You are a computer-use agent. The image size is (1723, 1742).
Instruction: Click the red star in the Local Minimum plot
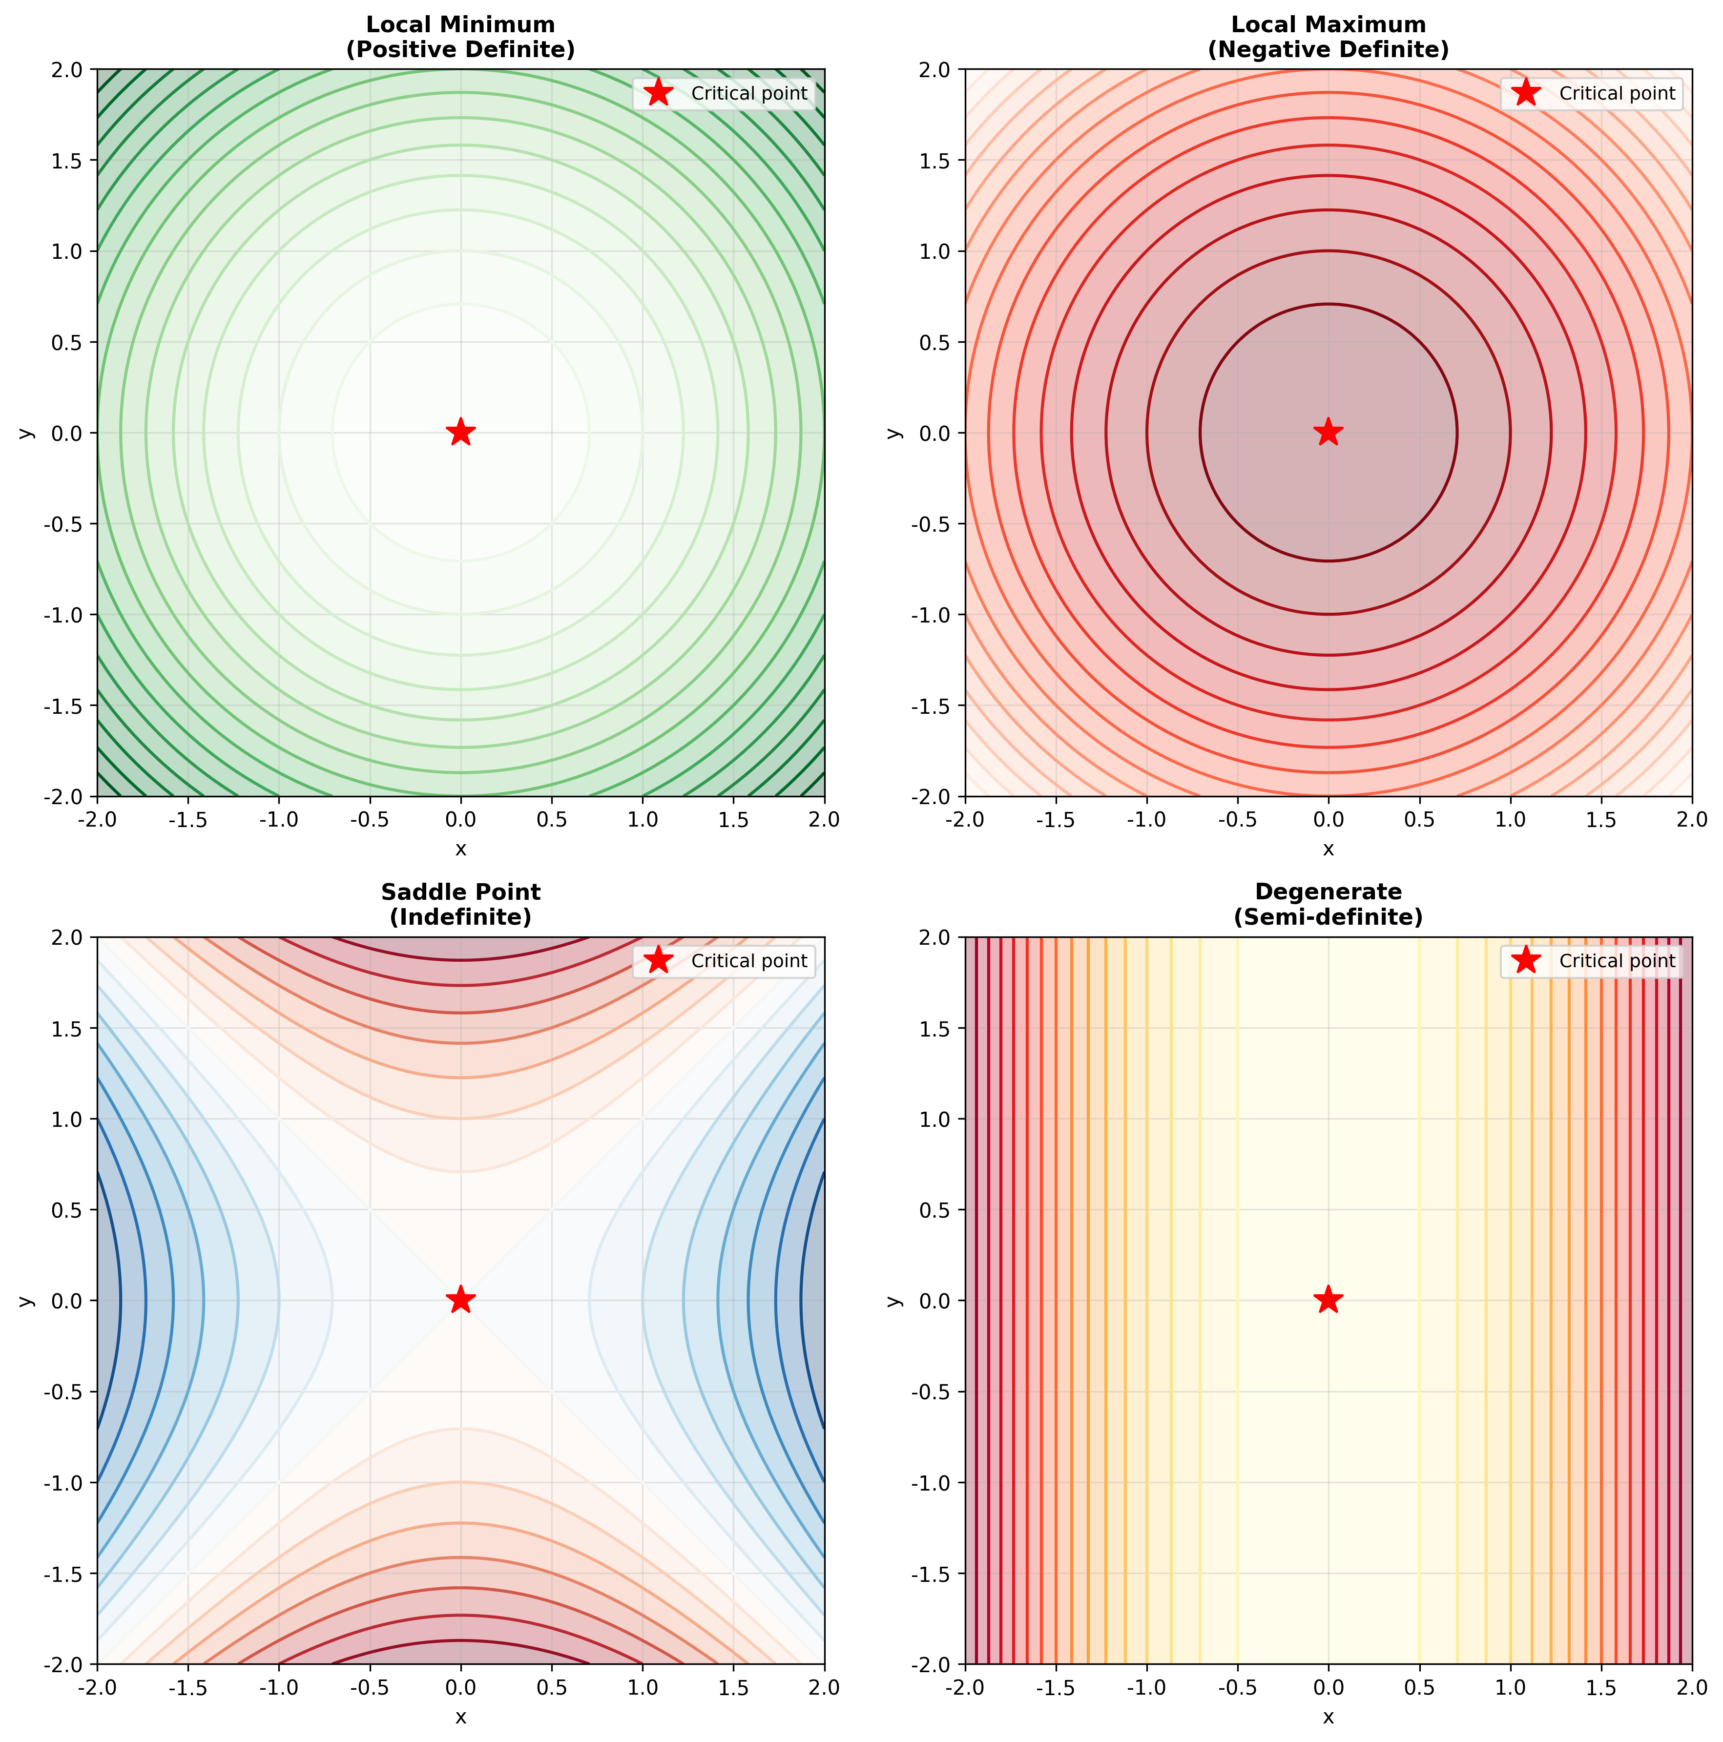(461, 432)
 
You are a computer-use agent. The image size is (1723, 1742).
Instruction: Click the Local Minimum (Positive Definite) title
(461, 37)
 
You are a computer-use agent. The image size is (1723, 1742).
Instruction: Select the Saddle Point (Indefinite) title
(461, 904)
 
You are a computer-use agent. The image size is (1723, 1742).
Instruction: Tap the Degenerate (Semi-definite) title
(1328, 904)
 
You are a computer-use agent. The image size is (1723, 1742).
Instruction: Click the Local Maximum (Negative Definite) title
(1328, 37)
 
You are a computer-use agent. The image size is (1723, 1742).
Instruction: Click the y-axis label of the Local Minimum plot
(26, 433)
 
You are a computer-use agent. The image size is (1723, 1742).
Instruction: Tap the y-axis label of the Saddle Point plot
(26, 1300)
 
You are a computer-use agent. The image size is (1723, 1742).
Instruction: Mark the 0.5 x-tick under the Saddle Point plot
(552, 1687)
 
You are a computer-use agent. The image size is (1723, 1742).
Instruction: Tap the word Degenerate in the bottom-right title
(1328, 892)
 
